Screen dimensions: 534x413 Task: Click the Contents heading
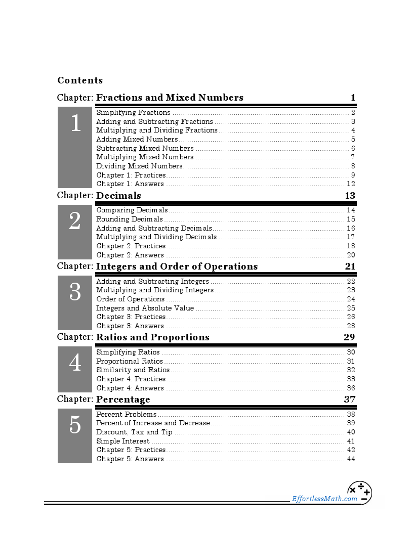tap(80, 80)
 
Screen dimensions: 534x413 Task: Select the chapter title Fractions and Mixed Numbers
tap(170, 98)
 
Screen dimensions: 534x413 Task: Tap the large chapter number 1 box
tap(75, 147)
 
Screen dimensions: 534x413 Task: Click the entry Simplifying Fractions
tap(133, 113)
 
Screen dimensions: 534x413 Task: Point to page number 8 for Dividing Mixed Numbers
tap(353, 166)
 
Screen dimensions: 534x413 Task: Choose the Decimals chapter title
tap(118, 196)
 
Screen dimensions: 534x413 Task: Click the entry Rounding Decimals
tap(130, 219)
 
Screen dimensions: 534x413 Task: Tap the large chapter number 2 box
tap(75, 232)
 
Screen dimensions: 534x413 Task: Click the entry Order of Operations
tap(130, 299)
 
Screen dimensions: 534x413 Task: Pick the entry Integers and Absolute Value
tap(145, 308)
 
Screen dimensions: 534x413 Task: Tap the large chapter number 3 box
tap(75, 302)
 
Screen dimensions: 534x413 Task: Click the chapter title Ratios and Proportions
tap(152, 337)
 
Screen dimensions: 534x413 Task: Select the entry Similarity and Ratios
tap(133, 370)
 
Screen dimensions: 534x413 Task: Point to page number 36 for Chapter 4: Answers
tap(351, 388)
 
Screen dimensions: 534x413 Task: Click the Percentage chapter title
tap(123, 399)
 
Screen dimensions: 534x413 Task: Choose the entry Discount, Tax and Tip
tap(134, 432)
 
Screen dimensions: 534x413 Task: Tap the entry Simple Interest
tap(122, 441)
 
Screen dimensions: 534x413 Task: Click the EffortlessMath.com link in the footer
tap(324, 499)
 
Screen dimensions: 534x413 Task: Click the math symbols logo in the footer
tap(359, 493)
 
